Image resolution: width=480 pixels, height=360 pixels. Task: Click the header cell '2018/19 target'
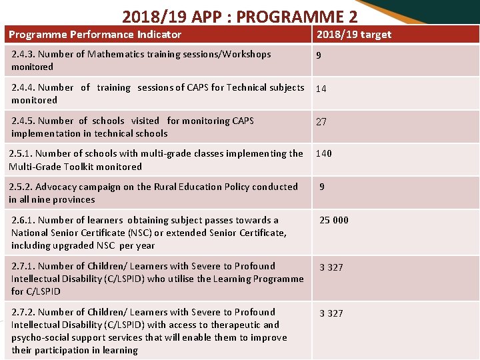pos(353,34)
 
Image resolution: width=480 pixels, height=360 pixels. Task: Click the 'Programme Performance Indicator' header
pos(95,34)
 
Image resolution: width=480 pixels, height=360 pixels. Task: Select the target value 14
pos(321,89)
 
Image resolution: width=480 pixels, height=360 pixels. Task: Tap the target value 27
pos(321,122)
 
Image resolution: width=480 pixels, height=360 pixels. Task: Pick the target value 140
pos(323,153)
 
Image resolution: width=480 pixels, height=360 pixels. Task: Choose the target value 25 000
pos(334,220)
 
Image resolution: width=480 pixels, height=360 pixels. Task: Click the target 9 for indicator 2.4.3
pos(319,55)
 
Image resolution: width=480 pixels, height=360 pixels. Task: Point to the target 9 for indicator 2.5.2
pos(322,187)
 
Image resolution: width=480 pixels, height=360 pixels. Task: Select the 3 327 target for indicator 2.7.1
pos(331,267)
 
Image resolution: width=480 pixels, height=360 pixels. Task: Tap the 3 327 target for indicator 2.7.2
pos(331,313)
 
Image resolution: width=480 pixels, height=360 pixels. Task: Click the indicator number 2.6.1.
pos(23,220)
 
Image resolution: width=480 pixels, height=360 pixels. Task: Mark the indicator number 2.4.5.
pos(23,121)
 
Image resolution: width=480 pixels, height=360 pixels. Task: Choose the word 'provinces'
pos(73,199)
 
